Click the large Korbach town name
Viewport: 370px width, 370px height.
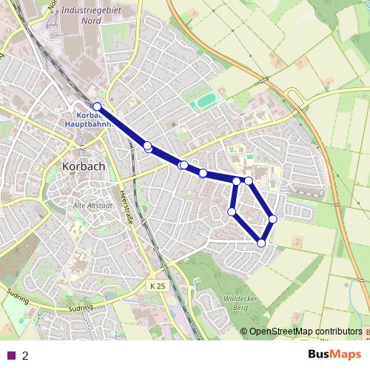click(84, 166)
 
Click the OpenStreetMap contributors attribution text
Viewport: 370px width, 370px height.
click(306, 332)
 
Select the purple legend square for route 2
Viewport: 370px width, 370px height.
click(11, 355)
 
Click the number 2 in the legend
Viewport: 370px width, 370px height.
click(25, 355)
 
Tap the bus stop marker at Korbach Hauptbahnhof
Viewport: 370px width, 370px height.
click(97, 107)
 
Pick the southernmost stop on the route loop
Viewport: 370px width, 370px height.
click(261, 243)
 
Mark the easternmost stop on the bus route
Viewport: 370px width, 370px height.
click(273, 218)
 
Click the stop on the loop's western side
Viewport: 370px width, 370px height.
click(232, 212)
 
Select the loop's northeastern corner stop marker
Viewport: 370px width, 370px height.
click(249, 181)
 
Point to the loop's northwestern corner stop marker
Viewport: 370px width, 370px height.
click(236, 181)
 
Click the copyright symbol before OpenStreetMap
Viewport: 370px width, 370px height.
click(244, 332)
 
